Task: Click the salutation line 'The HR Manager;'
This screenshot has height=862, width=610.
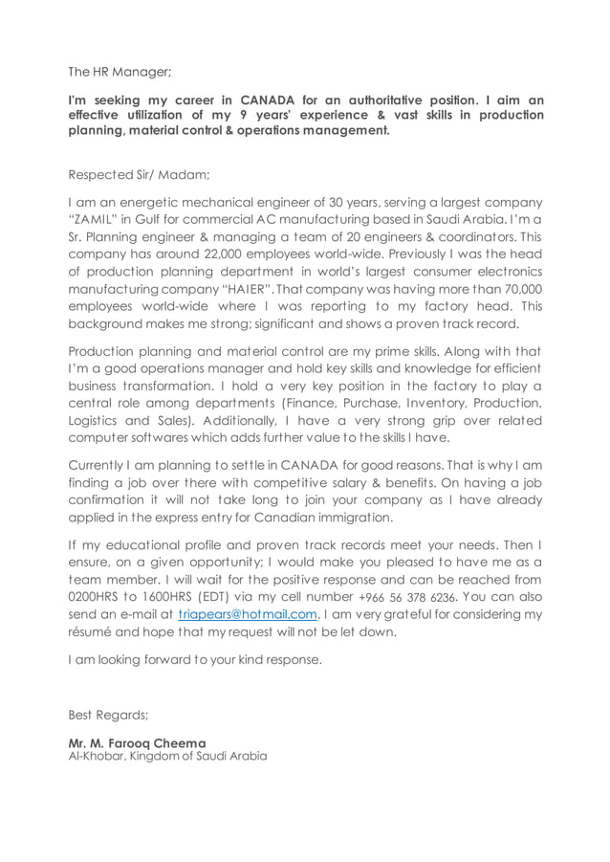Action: click(120, 71)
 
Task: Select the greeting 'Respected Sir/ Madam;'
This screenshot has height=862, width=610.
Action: click(140, 175)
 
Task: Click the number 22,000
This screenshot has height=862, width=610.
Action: click(216, 254)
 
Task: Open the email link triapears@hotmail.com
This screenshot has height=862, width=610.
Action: click(248, 613)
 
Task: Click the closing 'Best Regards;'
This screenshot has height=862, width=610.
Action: click(108, 714)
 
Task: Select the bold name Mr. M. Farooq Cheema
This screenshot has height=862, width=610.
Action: click(137, 742)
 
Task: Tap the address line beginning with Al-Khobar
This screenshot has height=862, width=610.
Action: click(167, 756)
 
